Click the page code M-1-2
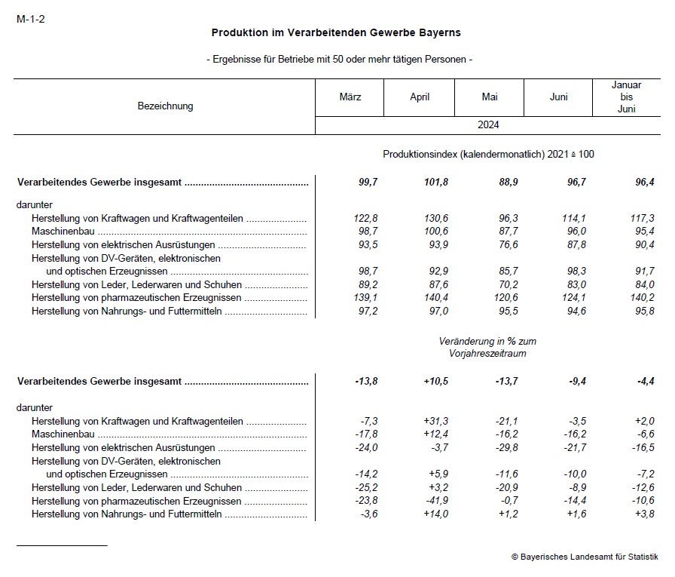point(30,19)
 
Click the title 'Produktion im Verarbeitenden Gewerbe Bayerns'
point(336,33)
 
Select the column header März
point(350,97)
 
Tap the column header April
point(420,97)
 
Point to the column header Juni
point(558,97)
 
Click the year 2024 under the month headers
point(488,125)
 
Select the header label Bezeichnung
point(165,106)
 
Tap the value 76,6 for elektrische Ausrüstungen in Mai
point(504,245)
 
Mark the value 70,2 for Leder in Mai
point(504,284)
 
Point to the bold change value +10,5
point(435,382)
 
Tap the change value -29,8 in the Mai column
point(504,448)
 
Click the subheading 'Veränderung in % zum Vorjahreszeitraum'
point(488,348)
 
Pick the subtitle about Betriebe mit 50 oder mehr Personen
point(339,60)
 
